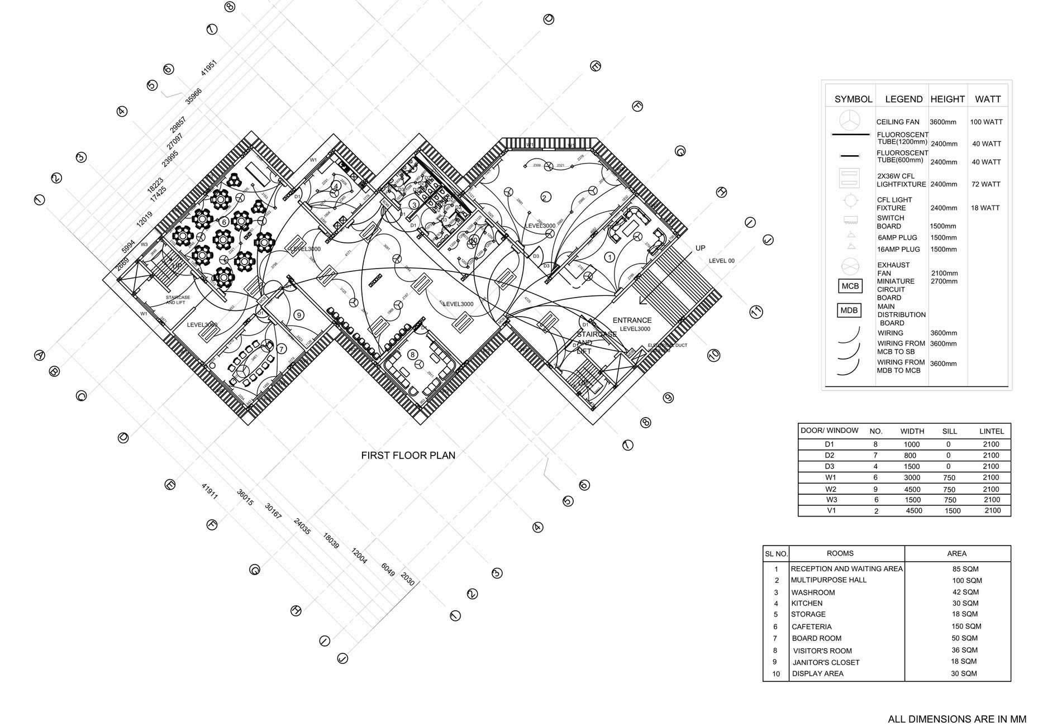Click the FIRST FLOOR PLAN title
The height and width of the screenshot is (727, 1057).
tap(408, 455)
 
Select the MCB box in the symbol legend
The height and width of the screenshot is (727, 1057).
tap(850, 286)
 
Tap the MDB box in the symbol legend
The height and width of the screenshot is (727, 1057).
tap(849, 310)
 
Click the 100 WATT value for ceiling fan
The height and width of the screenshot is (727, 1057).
tap(986, 122)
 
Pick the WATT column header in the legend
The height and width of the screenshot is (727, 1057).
tap(987, 99)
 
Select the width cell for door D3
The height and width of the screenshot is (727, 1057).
tap(912, 466)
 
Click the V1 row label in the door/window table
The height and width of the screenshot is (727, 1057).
tap(831, 510)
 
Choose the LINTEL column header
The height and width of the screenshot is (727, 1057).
tap(991, 431)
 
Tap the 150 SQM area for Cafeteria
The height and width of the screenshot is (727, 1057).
tap(965, 626)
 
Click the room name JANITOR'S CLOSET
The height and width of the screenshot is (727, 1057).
tap(826, 662)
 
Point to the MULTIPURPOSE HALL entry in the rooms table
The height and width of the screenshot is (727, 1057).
tap(828, 580)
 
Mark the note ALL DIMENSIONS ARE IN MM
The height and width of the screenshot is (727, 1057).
tap(956, 719)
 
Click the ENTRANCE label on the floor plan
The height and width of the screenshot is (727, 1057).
tap(632, 321)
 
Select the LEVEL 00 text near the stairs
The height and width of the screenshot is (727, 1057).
tap(721, 261)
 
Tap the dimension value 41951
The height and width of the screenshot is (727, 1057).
tap(208, 68)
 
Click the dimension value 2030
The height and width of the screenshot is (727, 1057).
tap(408, 580)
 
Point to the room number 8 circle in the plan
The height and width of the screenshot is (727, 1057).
tap(412, 354)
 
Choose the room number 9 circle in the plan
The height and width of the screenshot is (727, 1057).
tap(299, 315)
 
